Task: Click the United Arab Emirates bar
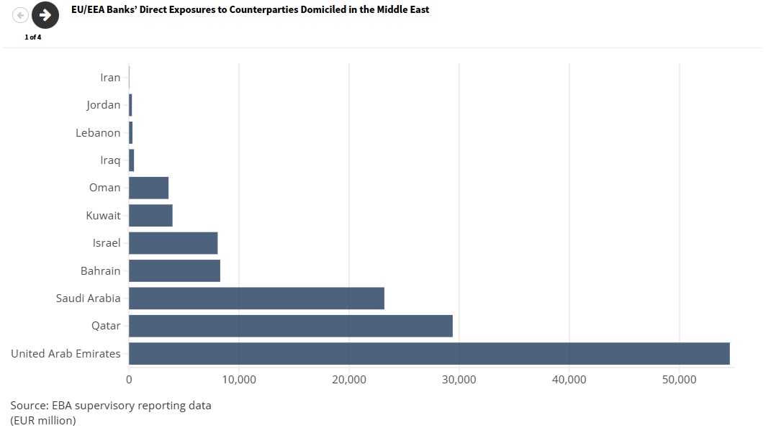(429, 353)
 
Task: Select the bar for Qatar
(291, 326)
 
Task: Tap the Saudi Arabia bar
(256, 298)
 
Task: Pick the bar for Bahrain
(174, 271)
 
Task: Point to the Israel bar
(173, 243)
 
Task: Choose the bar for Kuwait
(150, 216)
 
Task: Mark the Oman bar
(148, 188)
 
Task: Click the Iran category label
(110, 78)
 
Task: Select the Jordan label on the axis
(104, 105)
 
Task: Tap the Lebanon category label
(98, 133)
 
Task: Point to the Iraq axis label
(110, 160)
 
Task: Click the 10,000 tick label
(239, 380)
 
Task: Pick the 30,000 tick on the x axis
(459, 380)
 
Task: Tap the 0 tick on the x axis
(129, 380)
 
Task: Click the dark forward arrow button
(45, 15)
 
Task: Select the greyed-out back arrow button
(20, 15)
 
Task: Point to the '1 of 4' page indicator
(33, 37)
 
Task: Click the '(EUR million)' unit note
(43, 420)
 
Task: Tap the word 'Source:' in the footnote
(30, 406)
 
